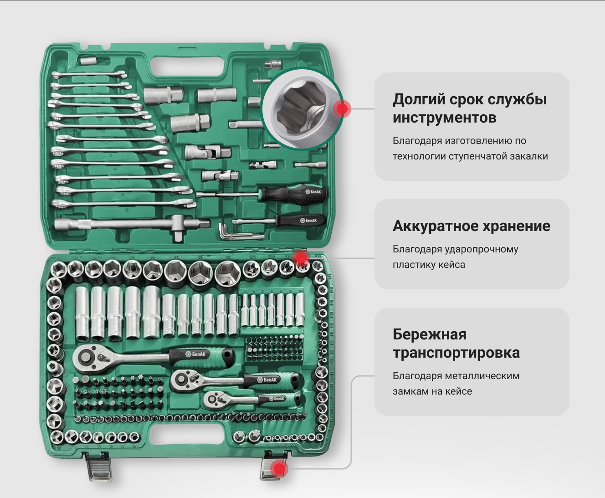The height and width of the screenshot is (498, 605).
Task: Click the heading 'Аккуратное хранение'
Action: click(x=472, y=226)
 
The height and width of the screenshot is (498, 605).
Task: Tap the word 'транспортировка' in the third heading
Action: click(x=456, y=353)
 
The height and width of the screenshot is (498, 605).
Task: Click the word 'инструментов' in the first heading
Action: click(x=444, y=118)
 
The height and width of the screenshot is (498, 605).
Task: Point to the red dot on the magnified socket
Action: click(x=342, y=109)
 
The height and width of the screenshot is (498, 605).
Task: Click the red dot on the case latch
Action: click(x=278, y=469)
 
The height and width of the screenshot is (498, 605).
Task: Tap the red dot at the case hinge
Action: click(x=301, y=258)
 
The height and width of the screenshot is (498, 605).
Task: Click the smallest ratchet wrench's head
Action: click(x=213, y=399)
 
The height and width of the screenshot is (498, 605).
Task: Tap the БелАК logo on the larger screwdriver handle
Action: click(x=313, y=192)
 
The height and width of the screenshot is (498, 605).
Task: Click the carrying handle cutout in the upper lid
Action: click(x=188, y=67)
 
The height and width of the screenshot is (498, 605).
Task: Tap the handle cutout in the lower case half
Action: click(x=187, y=434)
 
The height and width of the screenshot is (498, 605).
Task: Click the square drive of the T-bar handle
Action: click(x=179, y=236)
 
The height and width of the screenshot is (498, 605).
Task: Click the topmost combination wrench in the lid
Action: click(x=89, y=75)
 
